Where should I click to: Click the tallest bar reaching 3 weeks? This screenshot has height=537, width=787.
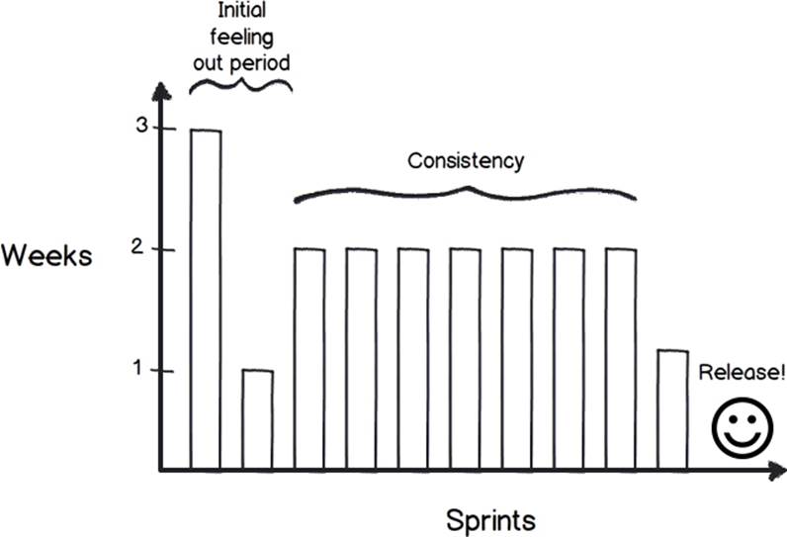(x=206, y=300)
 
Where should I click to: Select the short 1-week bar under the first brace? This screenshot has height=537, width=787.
(x=257, y=420)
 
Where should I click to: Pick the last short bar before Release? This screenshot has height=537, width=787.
(x=672, y=410)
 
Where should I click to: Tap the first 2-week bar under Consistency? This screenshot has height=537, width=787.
(x=309, y=359)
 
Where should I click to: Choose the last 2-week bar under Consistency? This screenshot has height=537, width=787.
(x=621, y=359)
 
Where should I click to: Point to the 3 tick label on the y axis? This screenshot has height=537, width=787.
(x=142, y=126)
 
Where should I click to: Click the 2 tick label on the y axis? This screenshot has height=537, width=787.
(x=137, y=247)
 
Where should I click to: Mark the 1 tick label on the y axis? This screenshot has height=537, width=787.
(x=138, y=368)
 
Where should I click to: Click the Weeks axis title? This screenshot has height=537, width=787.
(x=46, y=255)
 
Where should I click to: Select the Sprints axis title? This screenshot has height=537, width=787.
(x=490, y=520)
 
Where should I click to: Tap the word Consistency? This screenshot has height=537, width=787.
(x=466, y=161)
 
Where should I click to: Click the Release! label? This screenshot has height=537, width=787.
(x=742, y=373)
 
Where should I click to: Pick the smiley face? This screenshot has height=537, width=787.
(x=743, y=427)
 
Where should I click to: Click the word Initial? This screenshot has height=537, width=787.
(x=241, y=10)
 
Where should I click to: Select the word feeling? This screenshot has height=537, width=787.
(x=241, y=38)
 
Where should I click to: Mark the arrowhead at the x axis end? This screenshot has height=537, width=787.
(x=777, y=472)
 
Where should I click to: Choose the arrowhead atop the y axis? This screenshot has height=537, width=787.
(x=160, y=91)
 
